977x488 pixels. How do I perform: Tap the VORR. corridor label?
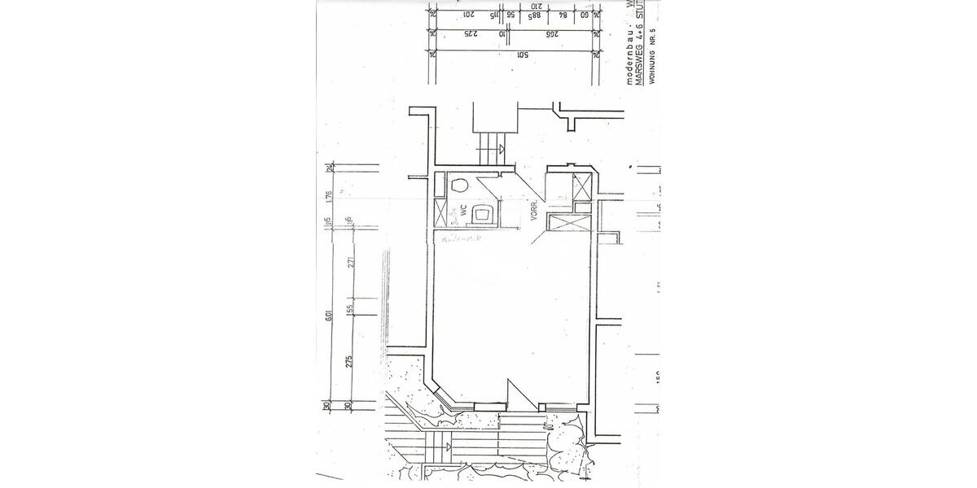point(534,211)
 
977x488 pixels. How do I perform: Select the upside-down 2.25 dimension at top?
point(469,34)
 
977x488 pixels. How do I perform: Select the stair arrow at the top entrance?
point(502,148)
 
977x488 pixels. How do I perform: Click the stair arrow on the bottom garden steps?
point(449,447)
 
